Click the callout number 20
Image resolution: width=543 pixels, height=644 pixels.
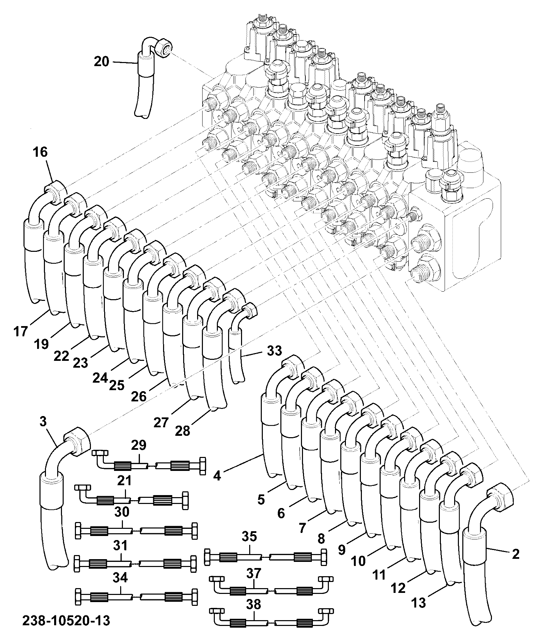[x=101, y=62]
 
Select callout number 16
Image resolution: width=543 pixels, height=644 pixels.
[x=40, y=152]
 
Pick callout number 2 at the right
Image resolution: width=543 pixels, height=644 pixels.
[x=515, y=554]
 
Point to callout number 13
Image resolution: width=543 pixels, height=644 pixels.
[x=419, y=603]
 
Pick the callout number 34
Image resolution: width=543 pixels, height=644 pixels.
[x=120, y=578]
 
